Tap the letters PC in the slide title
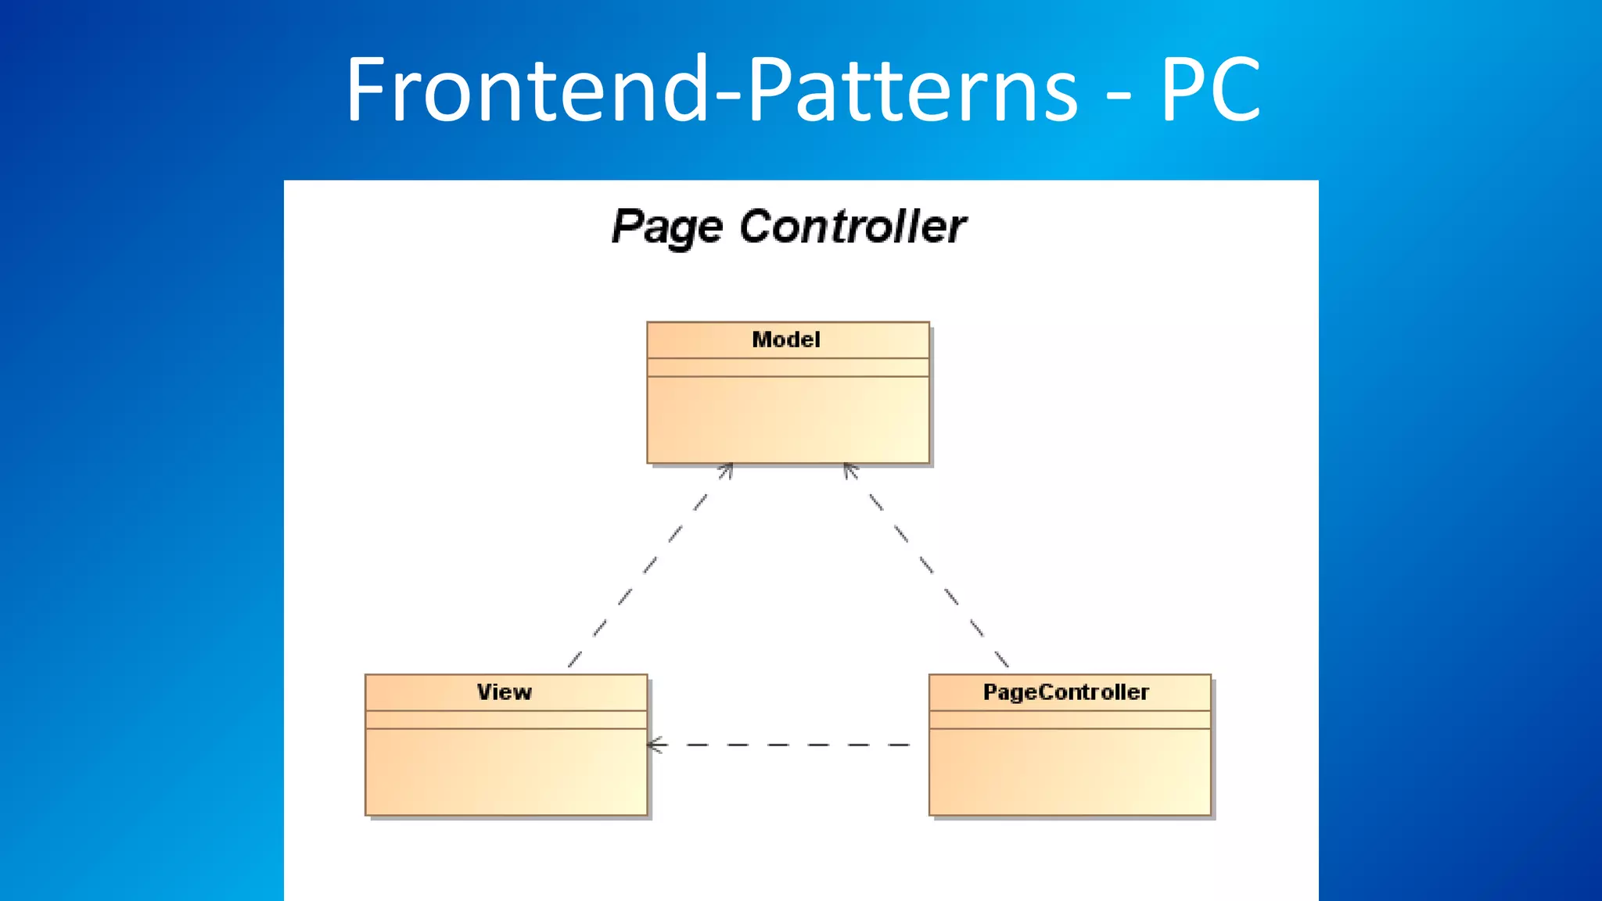(1209, 90)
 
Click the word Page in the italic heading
(666, 228)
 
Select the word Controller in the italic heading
(853, 227)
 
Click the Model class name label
(786, 339)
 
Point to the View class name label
(505, 692)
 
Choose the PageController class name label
(1066, 692)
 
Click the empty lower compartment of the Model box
(788, 420)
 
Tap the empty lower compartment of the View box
(506, 772)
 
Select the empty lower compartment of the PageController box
(1069, 772)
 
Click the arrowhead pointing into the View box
(656, 745)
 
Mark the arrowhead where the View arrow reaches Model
(727, 469)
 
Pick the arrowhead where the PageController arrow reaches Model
(850, 469)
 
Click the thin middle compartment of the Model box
(788, 368)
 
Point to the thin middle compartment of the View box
(506, 720)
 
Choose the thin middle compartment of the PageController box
(1069, 720)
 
